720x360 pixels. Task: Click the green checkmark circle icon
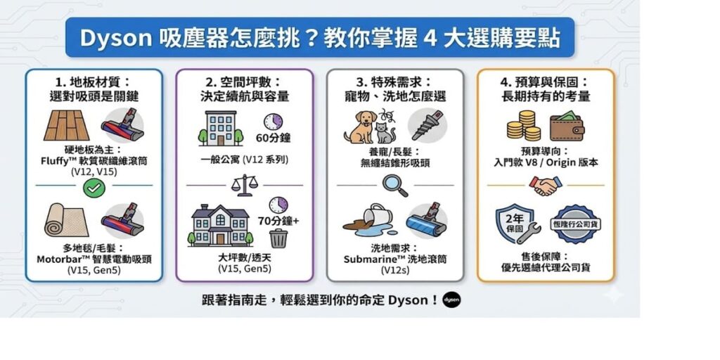[x=94, y=187]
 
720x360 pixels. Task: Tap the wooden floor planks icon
[x=67, y=126]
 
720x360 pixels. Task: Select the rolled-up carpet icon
[x=65, y=220]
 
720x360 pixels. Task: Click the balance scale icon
[x=244, y=185]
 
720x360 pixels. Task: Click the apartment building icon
[x=220, y=129]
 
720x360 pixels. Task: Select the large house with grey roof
[x=220, y=225]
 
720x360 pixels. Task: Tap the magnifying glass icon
[x=394, y=185]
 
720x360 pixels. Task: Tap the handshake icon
[x=546, y=185]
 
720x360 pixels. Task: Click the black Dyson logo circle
[x=451, y=300]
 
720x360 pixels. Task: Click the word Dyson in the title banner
[x=115, y=39]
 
